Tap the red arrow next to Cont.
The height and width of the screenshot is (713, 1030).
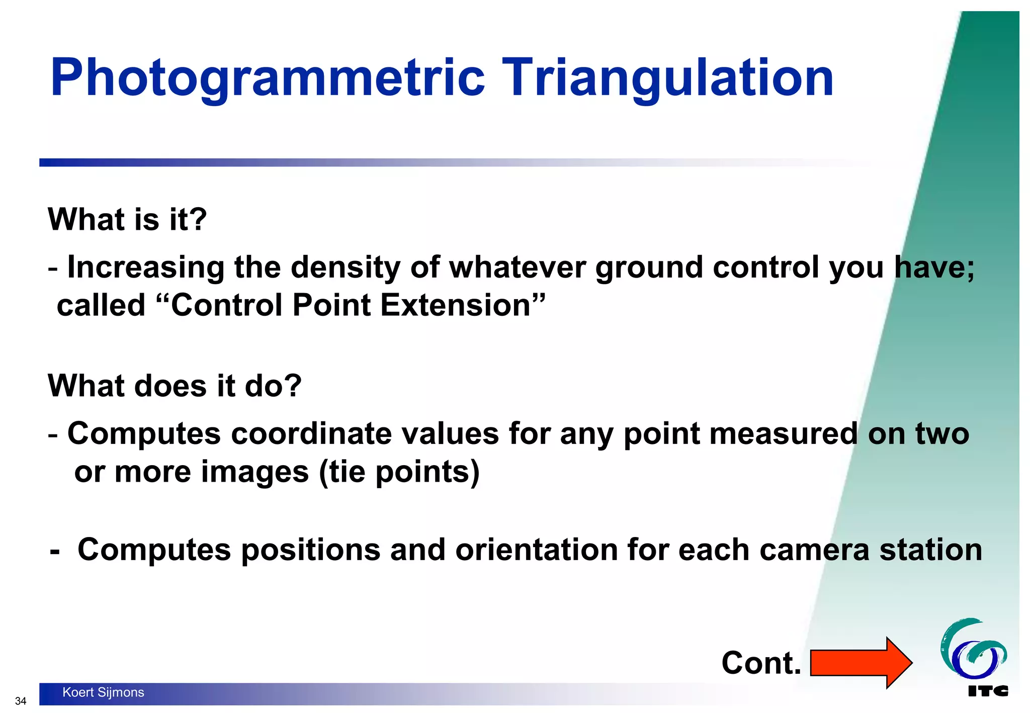pos(861,663)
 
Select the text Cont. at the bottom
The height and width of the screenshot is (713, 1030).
pos(761,663)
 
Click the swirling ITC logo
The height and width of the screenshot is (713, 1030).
pos(974,650)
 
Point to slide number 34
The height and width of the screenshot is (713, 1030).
pos(21,701)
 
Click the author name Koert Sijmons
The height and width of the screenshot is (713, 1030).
pos(103,692)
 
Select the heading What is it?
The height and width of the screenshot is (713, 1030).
pos(127,220)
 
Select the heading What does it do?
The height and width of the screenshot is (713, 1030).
pos(175,386)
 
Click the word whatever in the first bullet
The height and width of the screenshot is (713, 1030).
pos(517,267)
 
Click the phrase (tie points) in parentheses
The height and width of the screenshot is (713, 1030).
pos(399,472)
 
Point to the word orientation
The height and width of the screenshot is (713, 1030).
pos(536,550)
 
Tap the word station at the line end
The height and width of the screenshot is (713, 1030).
pos(930,550)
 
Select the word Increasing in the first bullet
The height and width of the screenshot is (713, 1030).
pos(145,267)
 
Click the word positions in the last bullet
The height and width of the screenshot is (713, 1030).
pos(310,550)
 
